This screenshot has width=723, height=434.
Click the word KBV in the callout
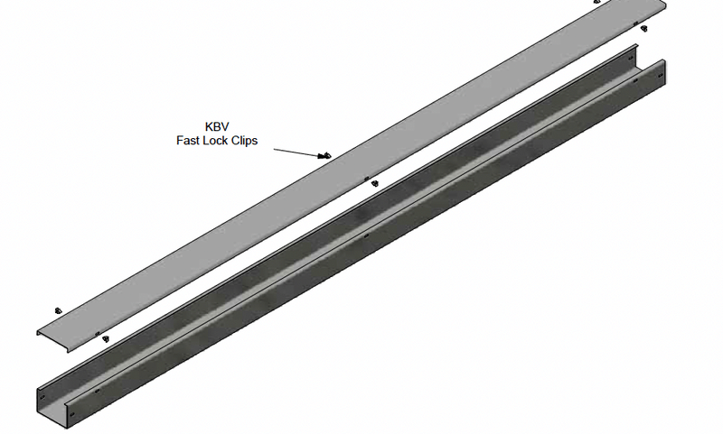tap(218, 126)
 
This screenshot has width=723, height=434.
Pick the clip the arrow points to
tap(326, 156)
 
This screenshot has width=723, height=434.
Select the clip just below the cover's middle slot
tap(374, 184)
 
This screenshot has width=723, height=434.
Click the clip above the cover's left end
tap(58, 309)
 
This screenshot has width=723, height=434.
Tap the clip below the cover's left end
tap(105, 339)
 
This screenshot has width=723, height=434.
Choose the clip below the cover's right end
tap(643, 28)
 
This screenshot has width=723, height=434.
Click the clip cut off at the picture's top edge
tap(596, 2)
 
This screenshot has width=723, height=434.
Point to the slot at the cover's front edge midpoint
tap(365, 179)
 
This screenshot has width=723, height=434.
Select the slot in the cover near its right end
tap(635, 23)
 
